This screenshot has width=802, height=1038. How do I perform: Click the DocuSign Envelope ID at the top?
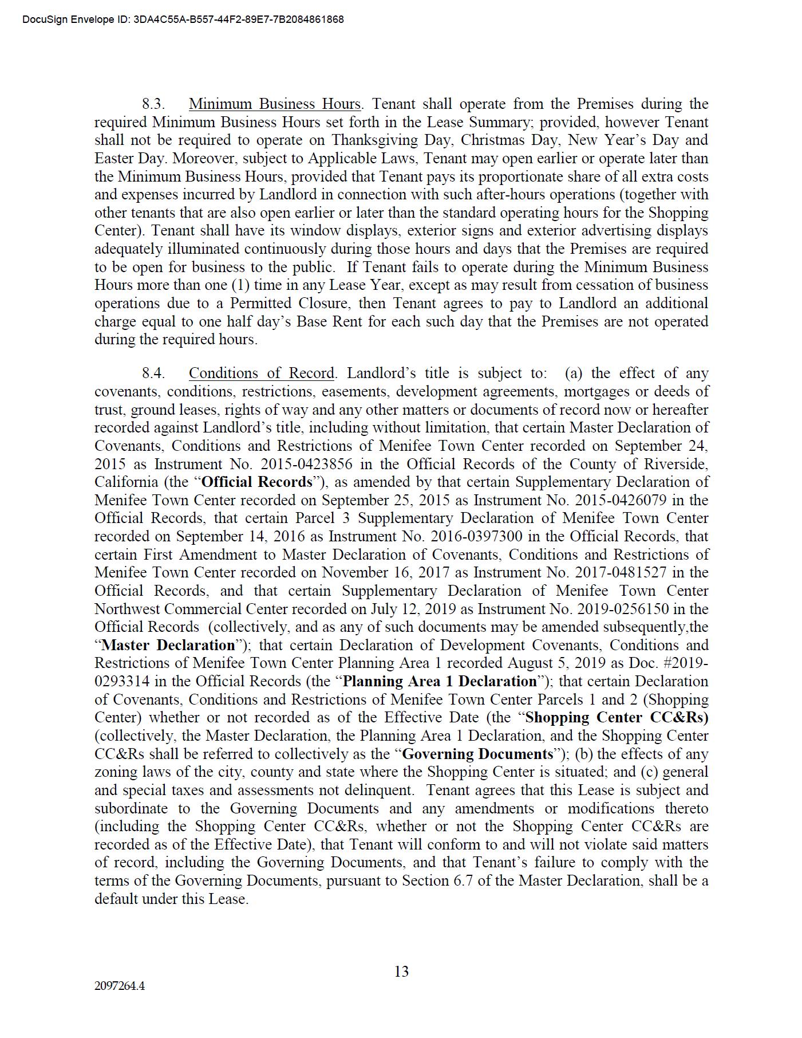pos(183,19)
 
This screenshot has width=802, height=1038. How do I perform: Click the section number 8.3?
pos(153,104)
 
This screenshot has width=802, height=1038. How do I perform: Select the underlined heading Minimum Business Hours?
pos(275,104)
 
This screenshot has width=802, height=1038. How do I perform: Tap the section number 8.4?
pos(153,373)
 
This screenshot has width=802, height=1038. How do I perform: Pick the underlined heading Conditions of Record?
pos(262,373)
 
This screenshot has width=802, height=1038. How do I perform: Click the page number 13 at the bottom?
pos(401,972)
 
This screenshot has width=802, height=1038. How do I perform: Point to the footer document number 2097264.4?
pos(120,986)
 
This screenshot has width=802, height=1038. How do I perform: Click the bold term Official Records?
pos(257,482)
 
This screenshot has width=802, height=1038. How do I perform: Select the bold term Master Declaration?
pos(168,645)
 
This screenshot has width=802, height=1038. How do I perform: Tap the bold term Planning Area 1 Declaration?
pos(440,682)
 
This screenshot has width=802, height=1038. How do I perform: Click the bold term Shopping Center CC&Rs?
pos(617,718)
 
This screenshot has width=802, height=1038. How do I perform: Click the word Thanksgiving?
pos(377,140)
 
